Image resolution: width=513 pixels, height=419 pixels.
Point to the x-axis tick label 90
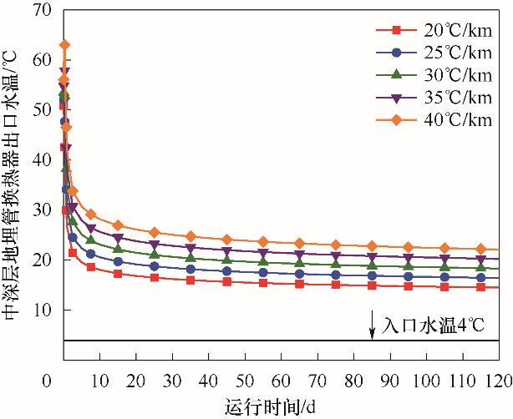[x=389, y=381]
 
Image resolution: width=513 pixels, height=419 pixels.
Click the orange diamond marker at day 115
[x=480, y=249]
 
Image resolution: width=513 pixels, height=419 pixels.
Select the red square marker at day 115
[x=480, y=287]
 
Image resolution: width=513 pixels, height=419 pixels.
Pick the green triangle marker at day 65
[x=299, y=263]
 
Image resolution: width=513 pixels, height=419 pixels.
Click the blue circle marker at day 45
[x=226, y=270]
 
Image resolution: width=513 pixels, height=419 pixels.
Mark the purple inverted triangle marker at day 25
[x=155, y=244]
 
